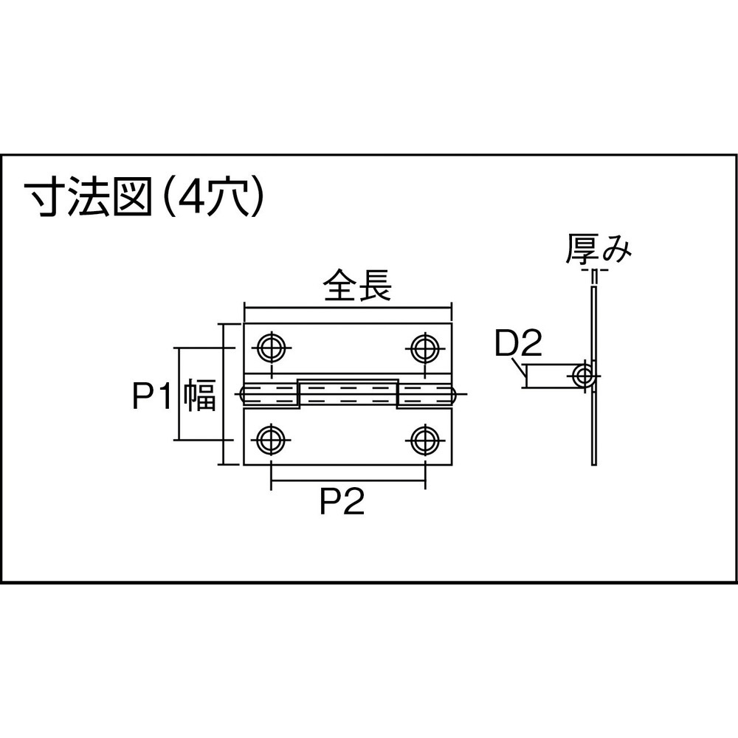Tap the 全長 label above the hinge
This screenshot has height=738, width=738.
point(358,285)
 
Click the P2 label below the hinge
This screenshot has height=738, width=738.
point(342,502)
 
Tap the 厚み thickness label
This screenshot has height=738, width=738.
point(599,249)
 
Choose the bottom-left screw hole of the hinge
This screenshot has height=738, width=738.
point(271,440)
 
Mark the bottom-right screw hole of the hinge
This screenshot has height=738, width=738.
point(425,440)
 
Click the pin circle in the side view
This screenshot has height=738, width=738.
point(584,376)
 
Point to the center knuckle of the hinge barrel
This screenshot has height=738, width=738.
point(348,393)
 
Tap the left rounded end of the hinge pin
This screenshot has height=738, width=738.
point(242,394)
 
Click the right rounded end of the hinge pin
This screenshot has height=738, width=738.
point(454,394)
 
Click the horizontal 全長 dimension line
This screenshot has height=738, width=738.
point(348,308)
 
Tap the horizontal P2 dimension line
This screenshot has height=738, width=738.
point(348,481)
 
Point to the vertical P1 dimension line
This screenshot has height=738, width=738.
point(179,394)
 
